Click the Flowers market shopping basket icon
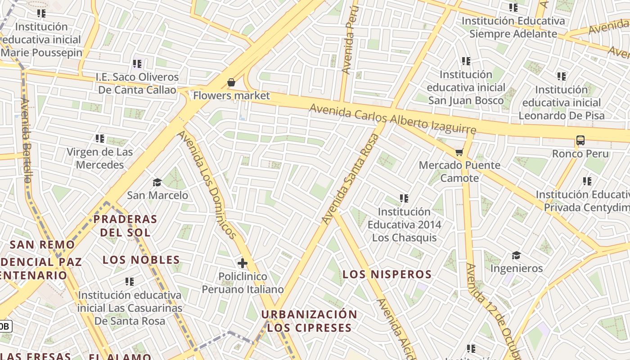tap(231, 82)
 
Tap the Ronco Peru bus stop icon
tap(580, 140)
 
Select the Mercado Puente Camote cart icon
tap(459, 152)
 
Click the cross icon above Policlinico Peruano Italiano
tap(243, 263)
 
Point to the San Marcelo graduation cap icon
tap(157, 182)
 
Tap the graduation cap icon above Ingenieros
tap(516, 256)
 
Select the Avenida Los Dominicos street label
tap(207, 184)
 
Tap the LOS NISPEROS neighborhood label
tap(387, 274)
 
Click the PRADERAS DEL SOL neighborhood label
tap(125, 225)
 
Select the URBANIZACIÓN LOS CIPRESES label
tap(309, 321)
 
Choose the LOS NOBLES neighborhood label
tap(141, 260)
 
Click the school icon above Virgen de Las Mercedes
tap(100, 139)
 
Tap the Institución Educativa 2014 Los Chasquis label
tap(404, 224)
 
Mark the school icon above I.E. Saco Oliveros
tap(137, 64)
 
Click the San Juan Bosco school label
tap(466, 87)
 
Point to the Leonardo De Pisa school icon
tap(561, 76)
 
